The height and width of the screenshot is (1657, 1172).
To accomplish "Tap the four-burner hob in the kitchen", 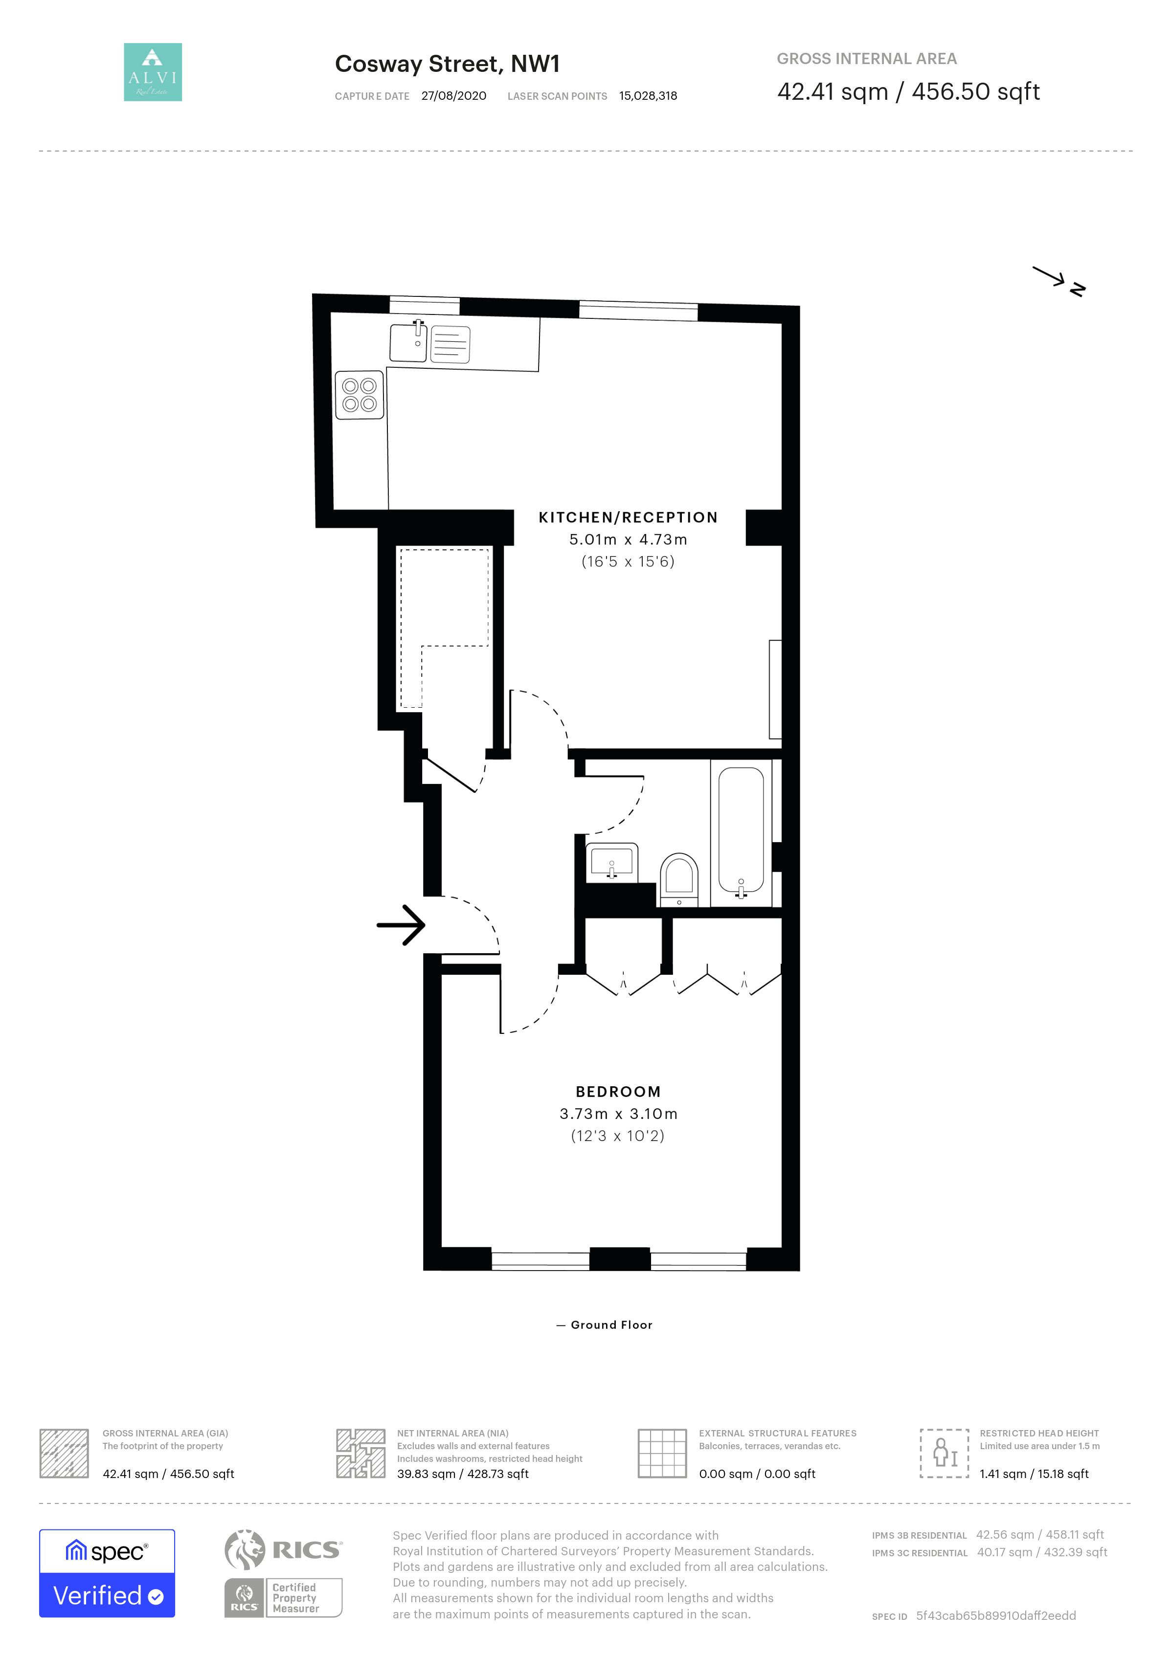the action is pos(360,395).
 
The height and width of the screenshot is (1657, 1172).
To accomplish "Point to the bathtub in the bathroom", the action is pos(741,832).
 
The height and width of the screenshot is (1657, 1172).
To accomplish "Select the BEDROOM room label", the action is pos(618,1092).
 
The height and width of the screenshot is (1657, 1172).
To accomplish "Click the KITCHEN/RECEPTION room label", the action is pos(628,517).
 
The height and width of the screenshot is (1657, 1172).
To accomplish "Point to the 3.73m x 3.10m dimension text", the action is pos(618,1114).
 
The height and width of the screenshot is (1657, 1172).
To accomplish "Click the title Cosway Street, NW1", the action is pos(448,64).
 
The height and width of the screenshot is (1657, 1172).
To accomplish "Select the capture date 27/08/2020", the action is pos(454,96).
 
